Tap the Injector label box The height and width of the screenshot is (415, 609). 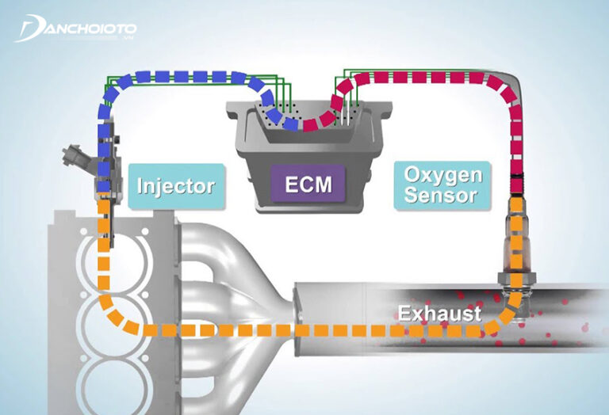coord(175,187)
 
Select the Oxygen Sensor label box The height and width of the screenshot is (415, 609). coord(442,185)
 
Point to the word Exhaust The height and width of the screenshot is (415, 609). coord(440,314)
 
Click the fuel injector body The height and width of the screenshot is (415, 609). coord(103,170)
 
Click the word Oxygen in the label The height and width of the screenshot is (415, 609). coord(442,174)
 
